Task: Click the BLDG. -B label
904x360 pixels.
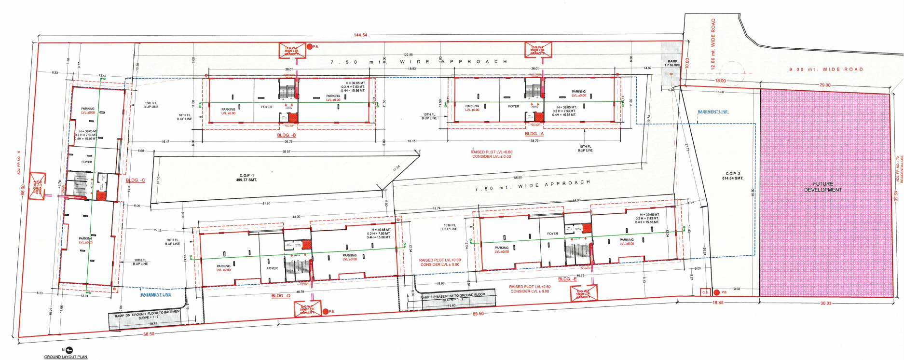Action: tap(287, 136)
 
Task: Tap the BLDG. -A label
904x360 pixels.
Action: tap(534, 134)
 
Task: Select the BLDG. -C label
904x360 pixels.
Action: tap(136, 180)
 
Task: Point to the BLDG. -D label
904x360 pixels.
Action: tap(281, 296)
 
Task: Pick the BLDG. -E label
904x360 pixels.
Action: tap(567, 279)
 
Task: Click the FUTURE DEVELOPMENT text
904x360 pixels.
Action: tap(823, 187)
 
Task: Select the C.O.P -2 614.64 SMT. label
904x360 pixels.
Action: tap(732, 176)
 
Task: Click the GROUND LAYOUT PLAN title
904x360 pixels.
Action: tap(66, 357)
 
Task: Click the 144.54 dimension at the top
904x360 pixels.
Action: tap(360, 35)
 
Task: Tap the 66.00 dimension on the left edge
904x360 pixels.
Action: tap(22, 189)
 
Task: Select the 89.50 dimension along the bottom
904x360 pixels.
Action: tap(478, 314)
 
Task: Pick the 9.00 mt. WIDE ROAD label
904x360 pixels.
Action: tap(826, 69)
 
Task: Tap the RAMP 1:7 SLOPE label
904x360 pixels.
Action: tap(672, 63)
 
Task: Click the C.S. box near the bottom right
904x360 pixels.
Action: tap(705, 292)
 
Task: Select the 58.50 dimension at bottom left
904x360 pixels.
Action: tap(149, 334)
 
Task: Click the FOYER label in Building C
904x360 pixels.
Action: tap(86, 162)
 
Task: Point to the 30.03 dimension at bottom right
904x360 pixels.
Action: tap(826, 303)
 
